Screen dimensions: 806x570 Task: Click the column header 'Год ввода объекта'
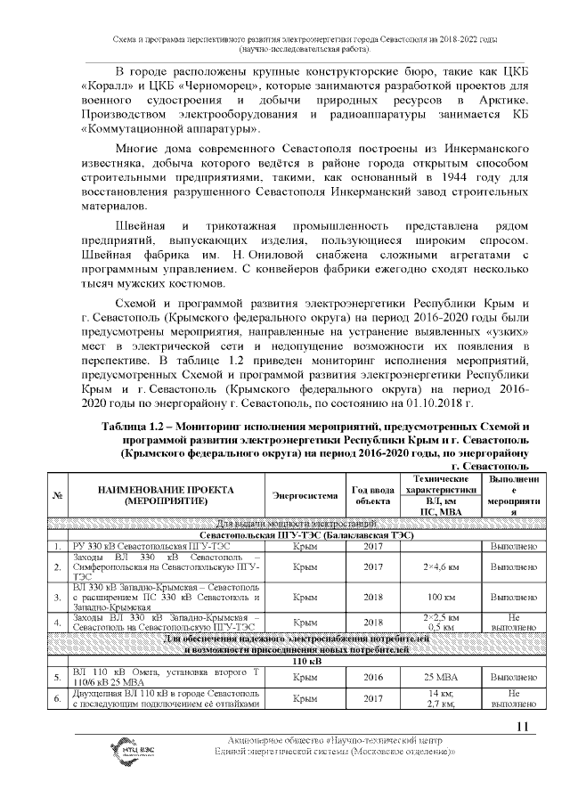(373, 496)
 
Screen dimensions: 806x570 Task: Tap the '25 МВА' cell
(436, 677)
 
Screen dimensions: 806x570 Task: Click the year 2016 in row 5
(373, 677)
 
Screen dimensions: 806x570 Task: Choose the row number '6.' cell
(57, 700)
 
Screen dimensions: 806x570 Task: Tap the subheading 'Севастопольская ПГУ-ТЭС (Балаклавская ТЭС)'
(294, 534)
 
